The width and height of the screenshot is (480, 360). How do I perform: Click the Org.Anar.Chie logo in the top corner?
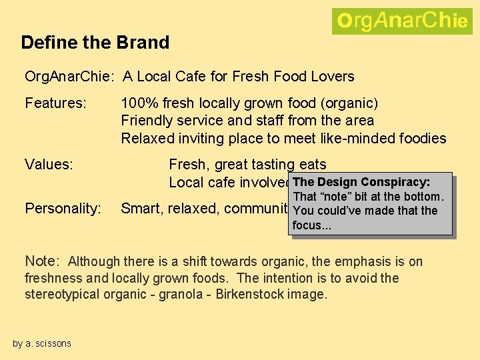401,21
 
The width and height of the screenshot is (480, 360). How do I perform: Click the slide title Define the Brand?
95,43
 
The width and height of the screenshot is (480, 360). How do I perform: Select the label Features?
56,103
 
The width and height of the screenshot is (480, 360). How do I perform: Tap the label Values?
49,164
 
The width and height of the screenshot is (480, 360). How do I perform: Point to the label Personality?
63,209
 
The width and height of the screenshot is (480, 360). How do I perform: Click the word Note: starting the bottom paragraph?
43,261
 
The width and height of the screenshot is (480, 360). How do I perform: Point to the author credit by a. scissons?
42,343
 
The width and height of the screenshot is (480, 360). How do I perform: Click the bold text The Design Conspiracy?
361,182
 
